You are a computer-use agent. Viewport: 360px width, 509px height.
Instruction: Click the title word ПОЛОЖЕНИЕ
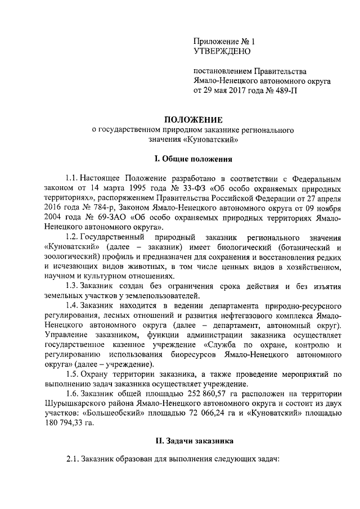[x=193, y=119]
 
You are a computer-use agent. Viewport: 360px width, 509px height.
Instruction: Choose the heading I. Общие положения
[x=193, y=159]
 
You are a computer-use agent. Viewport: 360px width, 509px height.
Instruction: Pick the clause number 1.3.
[x=73, y=286]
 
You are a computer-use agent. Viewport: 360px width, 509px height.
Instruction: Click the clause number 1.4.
[x=73, y=305]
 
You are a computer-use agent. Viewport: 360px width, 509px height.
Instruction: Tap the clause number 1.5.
[x=73, y=373]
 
